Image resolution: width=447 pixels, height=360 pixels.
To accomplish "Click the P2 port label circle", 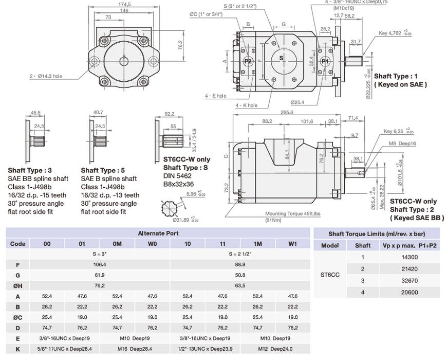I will (248, 61).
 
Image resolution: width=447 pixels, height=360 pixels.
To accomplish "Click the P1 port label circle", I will (325, 61).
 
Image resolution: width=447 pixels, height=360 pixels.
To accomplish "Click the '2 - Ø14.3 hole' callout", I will (46, 76).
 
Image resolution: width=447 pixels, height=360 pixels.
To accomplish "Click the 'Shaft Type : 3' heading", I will (30, 170).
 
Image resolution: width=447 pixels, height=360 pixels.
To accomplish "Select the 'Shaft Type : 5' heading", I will (103, 170).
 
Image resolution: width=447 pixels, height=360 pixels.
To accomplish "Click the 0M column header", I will (117, 244).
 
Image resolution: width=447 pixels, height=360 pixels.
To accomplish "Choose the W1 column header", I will (292, 244).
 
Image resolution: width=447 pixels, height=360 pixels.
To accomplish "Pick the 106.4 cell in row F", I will (99, 264).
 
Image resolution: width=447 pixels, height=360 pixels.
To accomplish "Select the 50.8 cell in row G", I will (240, 275).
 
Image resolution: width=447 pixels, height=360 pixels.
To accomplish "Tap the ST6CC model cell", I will (330, 275).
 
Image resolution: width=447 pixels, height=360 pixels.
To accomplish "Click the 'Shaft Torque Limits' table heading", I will (376, 234).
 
